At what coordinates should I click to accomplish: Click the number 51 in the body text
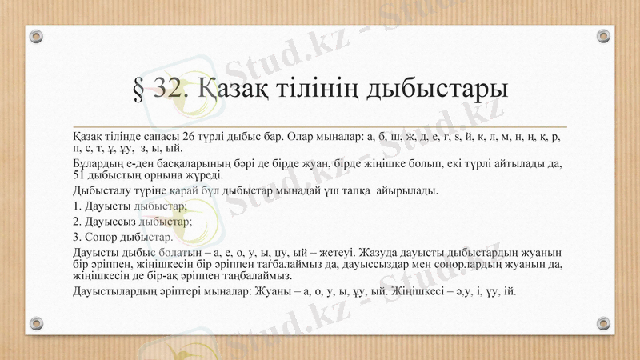tap(78, 176)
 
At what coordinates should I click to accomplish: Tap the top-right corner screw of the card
tap(603, 36)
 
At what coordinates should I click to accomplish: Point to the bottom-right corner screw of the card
tap(603, 323)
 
